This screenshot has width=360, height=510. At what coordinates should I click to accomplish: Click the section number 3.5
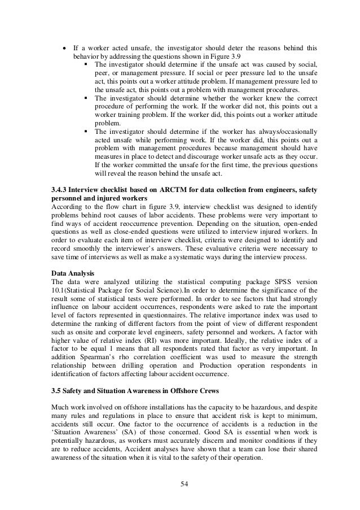click(x=56, y=391)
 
